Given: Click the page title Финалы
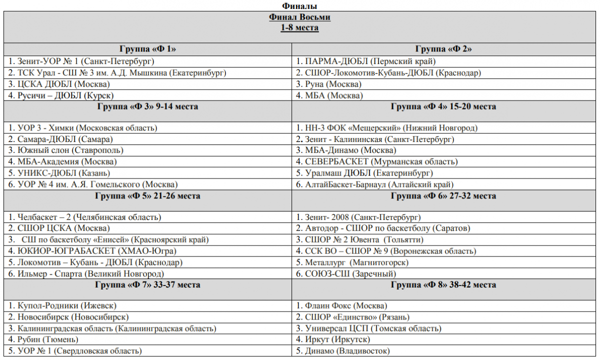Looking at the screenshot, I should [299, 5].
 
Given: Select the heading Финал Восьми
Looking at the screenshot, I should [299, 17].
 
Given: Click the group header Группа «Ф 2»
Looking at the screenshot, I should [443, 49].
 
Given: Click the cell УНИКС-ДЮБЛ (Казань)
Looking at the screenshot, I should [63, 173].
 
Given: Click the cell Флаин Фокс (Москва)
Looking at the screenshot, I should [342, 306].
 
